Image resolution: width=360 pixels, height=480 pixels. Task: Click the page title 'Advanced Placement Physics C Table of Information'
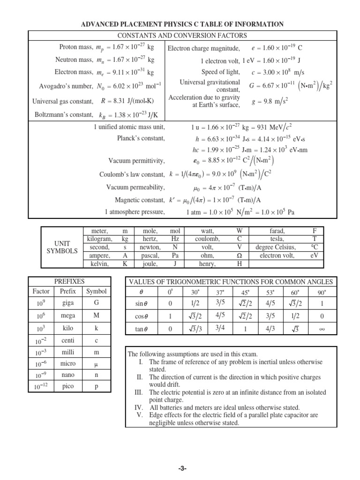tap(183, 24)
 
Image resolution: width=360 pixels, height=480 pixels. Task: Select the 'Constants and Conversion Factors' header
tap(182, 36)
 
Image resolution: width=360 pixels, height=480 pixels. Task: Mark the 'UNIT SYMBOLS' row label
tap(61, 247)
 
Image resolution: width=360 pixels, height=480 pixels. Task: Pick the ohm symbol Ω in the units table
tap(240, 255)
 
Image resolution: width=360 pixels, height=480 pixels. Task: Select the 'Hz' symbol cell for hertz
tap(175, 239)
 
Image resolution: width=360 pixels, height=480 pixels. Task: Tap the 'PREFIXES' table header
tap(69, 281)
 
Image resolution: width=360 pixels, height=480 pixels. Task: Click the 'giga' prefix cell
tap(67, 303)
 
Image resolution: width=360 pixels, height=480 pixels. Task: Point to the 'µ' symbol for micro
tap(97, 363)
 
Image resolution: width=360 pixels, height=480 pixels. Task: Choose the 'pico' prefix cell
tap(67, 386)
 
